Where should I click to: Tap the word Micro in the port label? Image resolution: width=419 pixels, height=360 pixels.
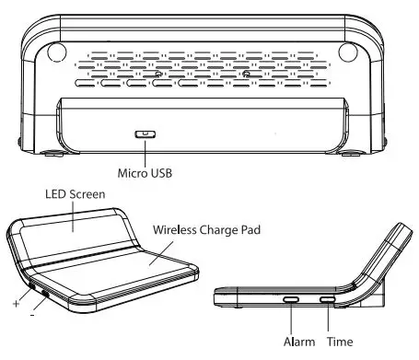click(131, 172)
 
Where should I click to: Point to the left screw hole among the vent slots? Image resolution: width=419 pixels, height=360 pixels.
click(157, 75)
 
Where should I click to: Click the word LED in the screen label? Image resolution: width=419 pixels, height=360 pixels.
click(58, 194)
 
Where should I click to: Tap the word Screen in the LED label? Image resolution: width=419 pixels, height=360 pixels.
click(89, 194)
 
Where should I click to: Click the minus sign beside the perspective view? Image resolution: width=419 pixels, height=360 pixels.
click(33, 316)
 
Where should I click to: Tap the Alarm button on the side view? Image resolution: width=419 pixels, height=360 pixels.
click(291, 299)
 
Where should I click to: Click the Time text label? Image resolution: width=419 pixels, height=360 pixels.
click(339, 342)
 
